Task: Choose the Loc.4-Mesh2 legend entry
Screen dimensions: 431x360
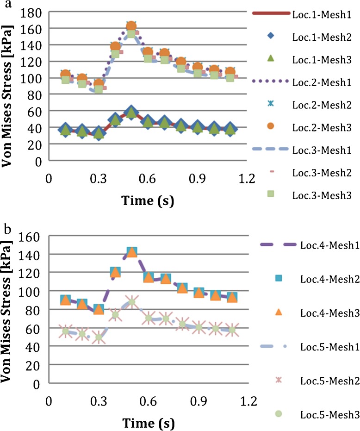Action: (x=322, y=279)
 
